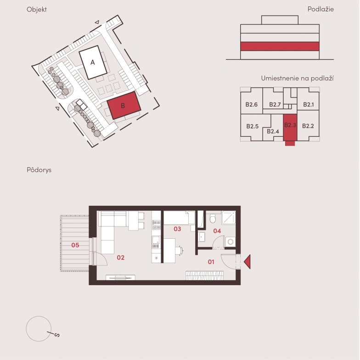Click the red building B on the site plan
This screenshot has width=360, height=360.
tap(124, 106)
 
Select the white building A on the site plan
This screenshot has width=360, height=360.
tap(93, 62)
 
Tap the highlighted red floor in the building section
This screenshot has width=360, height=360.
tap(280, 46)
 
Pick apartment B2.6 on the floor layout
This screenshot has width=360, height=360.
tap(252, 105)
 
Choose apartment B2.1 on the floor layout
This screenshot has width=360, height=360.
tap(309, 105)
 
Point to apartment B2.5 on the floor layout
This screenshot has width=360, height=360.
tap(253, 126)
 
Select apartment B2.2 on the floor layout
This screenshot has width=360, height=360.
tap(308, 126)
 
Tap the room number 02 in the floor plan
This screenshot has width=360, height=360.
tap(120, 258)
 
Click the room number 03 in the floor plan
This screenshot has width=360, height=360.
tap(177, 229)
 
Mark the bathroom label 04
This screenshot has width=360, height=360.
tap(217, 231)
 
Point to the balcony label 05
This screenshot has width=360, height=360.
tap(75, 245)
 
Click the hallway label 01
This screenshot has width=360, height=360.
tap(211, 262)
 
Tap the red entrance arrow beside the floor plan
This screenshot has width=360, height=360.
tap(247, 262)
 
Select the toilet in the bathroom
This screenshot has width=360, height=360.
tap(213, 219)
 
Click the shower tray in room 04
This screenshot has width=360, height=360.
tap(229, 218)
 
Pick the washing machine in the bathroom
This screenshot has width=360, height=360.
tap(231, 242)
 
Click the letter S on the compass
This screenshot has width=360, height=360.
tap(57, 335)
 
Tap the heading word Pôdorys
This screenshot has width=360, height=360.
tap(39, 170)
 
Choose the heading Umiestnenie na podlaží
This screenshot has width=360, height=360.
tap(298, 78)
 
